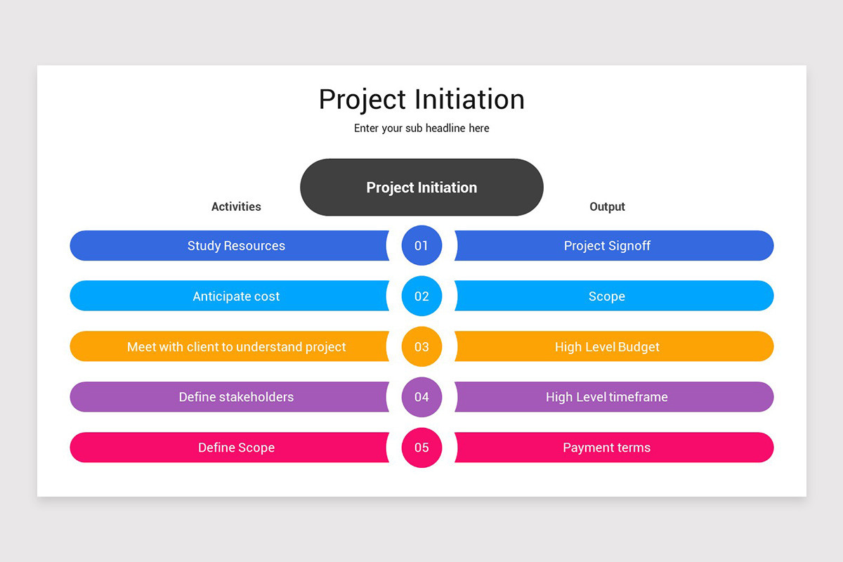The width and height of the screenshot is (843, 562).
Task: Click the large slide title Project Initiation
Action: point(421,100)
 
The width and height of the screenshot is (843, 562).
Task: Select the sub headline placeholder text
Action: point(421,129)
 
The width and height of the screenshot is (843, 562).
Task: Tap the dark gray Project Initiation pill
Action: point(421,188)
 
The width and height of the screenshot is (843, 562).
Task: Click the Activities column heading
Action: point(236,207)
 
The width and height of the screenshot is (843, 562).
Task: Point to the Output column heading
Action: point(607,207)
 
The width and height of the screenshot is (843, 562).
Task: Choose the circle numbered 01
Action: point(421,246)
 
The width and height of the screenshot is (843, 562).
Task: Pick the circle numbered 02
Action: point(421,296)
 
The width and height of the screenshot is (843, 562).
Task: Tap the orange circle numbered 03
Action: point(421,347)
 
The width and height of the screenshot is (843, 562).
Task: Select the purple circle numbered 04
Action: point(421,397)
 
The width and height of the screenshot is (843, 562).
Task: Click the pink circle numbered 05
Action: point(421,447)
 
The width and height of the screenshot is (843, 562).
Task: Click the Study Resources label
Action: point(236,246)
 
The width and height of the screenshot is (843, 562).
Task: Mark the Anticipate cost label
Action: point(236,296)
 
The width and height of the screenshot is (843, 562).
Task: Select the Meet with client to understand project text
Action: point(236,347)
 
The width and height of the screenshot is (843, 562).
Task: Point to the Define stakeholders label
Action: point(236,397)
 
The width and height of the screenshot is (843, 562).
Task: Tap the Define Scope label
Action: point(236,447)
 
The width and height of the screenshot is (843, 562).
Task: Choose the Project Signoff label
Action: point(607,246)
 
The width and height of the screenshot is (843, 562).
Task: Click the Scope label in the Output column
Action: point(607,296)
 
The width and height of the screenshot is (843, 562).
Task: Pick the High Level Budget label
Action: point(607,347)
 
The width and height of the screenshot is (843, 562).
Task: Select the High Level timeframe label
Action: point(607,397)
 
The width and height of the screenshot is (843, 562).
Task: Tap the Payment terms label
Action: point(607,447)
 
